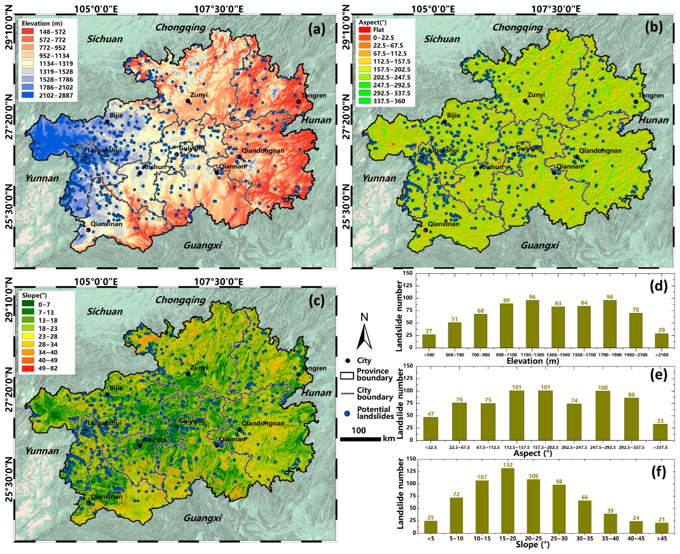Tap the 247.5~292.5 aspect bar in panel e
pos(603,415)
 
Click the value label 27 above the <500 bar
pos(429,331)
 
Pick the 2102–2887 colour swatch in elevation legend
pos(28,95)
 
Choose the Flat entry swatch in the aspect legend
pos(365,30)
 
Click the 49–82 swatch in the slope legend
pos(28,368)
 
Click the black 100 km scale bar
pos(360,439)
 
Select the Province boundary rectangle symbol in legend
pos(347,375)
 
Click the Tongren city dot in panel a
pos(298,101)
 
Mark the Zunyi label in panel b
pos(536,95)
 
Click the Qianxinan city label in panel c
pos(106,497)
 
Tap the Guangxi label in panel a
pos(202,245)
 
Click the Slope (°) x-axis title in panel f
pos(532,544)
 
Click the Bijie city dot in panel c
pos(107,394)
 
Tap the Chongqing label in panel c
pos(180,300)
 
